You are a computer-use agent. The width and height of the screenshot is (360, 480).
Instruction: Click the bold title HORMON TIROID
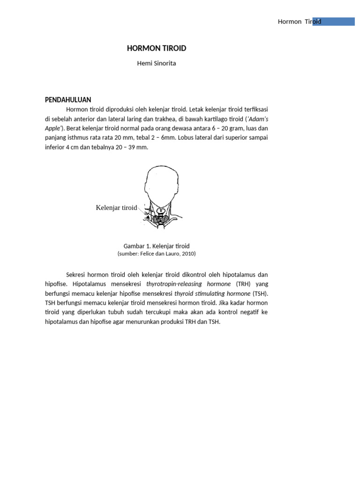[157, 48]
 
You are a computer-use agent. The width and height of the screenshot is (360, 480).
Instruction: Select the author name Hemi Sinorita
[157, 63]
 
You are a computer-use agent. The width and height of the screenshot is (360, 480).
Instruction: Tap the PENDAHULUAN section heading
[67, 99]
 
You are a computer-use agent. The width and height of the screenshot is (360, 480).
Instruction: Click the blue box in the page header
[334, 22]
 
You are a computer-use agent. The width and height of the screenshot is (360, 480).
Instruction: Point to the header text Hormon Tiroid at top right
[299, 22]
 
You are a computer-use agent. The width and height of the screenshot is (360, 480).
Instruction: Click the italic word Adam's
[257, 119]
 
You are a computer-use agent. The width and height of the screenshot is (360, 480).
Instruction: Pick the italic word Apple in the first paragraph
[53, 128]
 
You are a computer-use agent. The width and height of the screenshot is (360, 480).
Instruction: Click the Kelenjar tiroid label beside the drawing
[116, 208]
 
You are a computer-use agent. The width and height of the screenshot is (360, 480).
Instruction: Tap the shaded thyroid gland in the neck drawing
[162, 218]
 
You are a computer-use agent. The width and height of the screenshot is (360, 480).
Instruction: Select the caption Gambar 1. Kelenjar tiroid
[156, 246]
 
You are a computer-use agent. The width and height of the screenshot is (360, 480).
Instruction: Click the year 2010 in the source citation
[187, 254]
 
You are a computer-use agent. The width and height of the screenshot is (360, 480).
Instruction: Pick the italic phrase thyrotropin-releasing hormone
[188, 284]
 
